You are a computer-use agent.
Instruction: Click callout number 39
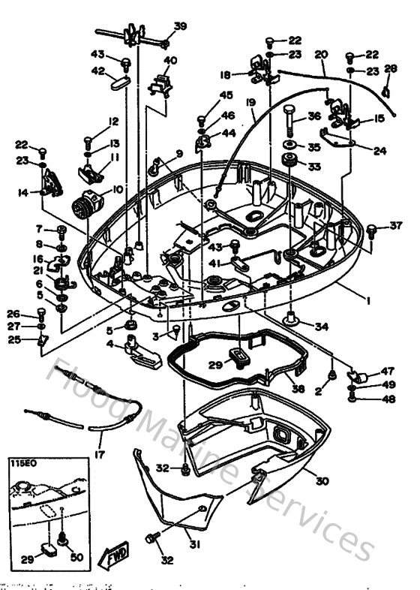(x=180, y=26)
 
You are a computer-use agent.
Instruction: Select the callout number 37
(x=396, y=225)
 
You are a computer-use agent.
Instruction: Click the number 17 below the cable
(x=99, y=454)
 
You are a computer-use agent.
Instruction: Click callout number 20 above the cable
(x=321, y=54)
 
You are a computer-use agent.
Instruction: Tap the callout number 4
(x=109, y=345)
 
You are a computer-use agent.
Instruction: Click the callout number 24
(x=380, y=150)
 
